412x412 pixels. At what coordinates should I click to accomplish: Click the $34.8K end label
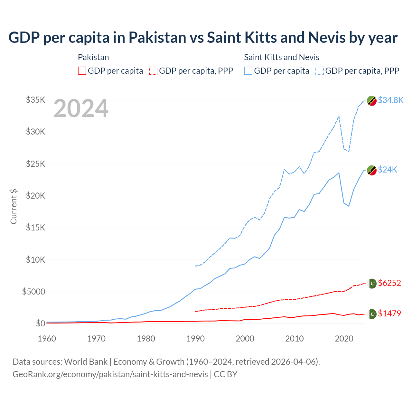tap(390, 100)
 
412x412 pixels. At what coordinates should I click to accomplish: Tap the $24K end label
tap(388, 170)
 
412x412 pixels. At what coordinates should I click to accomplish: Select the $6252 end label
tap(389, 283)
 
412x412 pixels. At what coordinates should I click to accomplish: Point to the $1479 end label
tap(389, 314)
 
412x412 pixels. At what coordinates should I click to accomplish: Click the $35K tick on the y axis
tap(35, 100)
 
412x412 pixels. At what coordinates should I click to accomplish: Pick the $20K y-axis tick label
tap(35, 196)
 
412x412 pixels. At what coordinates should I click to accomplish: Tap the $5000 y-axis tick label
tap(33, 292)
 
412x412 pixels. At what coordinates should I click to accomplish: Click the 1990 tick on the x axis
tap(195, 339)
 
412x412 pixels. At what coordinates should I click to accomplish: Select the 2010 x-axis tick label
tap(295, 339)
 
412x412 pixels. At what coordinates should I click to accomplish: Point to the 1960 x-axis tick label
tap(47, 339)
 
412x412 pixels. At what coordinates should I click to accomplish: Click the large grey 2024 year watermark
tap(81, 109)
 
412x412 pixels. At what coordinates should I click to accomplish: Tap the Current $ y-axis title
tap(14, 206)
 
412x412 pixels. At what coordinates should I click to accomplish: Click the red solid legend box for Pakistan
tap(82, 71)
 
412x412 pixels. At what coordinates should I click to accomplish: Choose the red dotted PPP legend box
tap(153, 71)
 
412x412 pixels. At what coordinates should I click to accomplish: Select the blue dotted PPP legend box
tap(320, 71)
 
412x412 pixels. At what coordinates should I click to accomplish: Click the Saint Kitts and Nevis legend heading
tap(282, 57)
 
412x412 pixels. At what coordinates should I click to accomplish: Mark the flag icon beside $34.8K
tap(372, 101)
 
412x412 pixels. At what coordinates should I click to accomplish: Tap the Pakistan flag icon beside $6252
tap(372, 283)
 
